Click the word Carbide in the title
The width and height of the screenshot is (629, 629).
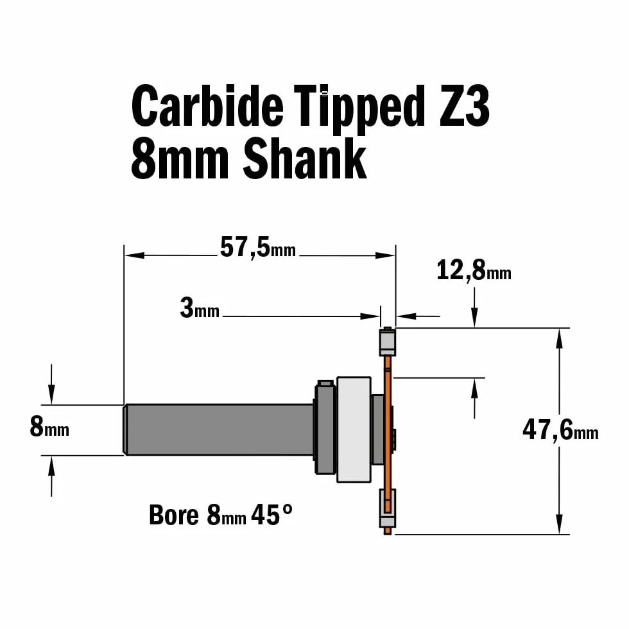(x=207, y=105)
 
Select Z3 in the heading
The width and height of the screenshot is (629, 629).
(x=465, y=106)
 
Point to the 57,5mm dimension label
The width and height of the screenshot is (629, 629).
(x=258, y=247)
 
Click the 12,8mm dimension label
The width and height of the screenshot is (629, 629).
(x=474, y=270)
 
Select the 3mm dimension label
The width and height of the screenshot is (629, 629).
(x=200, y=308)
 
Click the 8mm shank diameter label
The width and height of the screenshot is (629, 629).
(x=49, y=426)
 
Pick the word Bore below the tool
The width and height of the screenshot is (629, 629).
(x=174, y=515)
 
